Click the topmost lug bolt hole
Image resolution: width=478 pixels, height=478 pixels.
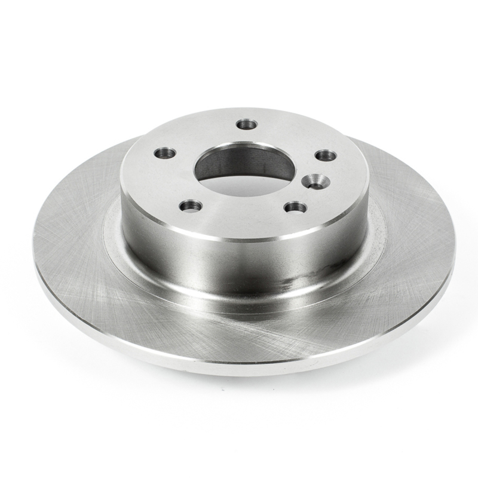[x=247, y=124]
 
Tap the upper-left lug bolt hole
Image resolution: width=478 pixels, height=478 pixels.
[x=165, y=153]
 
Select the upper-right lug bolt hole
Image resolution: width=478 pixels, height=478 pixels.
[x=326, y=155]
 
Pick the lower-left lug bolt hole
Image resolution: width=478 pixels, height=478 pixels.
[x=191, y=206]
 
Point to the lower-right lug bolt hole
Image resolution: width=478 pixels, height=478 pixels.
[x=296, y=207]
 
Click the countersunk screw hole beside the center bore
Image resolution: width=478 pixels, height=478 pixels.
[x=314, y=181]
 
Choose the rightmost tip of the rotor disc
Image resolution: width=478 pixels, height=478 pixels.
[x=456, y=251]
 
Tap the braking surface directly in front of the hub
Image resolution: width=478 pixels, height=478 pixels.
[x=239, y=335]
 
